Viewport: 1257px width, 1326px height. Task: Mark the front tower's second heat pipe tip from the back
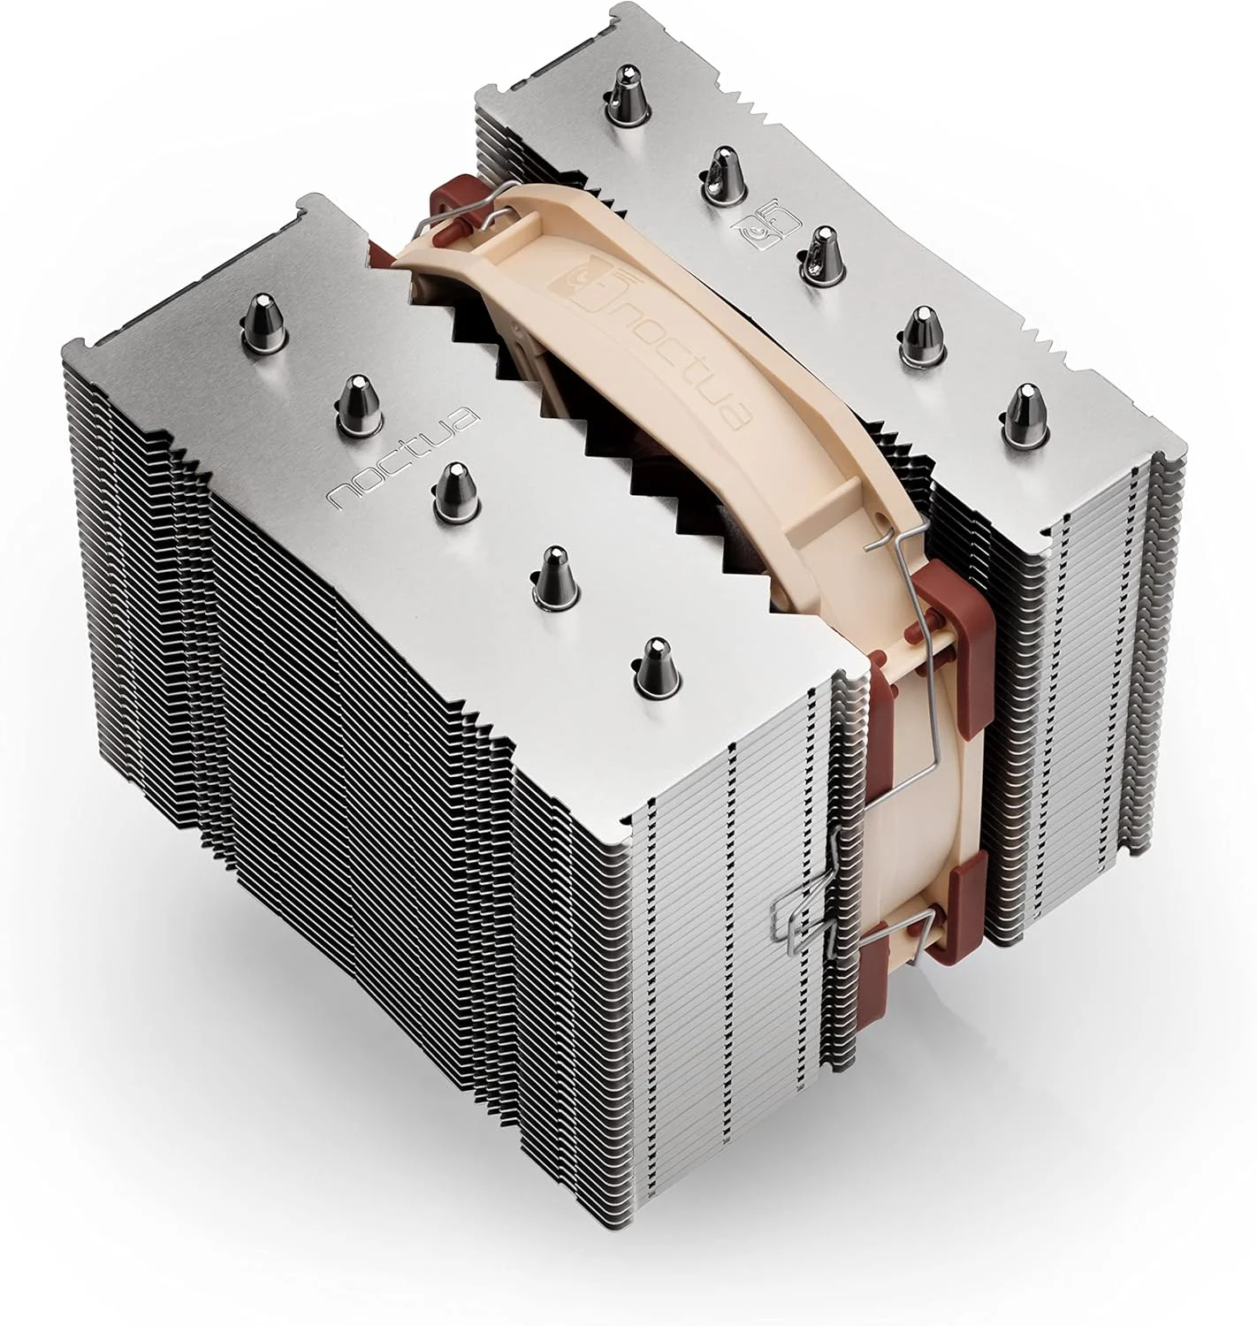354,396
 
